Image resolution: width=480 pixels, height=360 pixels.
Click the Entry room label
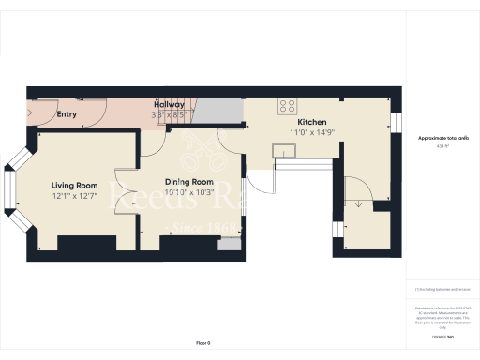(67, 115)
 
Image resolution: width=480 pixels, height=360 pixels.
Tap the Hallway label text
(170, 104)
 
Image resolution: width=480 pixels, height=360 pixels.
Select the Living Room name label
(75, 186)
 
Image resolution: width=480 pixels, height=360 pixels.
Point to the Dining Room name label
(189, 182)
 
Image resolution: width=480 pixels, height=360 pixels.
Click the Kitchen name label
(312, 123)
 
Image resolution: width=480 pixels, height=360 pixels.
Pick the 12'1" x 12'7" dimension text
(75, 196)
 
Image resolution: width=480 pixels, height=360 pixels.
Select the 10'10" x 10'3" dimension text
(189, 192)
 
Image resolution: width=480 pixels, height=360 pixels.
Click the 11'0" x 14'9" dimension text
(312, 133)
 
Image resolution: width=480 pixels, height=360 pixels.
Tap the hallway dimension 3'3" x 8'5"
(170, 114)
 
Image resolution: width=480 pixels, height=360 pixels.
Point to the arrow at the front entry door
(30, 114)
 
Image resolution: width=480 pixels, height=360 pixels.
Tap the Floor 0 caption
(203, 343)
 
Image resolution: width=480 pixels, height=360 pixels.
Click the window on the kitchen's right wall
(396, 124)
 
